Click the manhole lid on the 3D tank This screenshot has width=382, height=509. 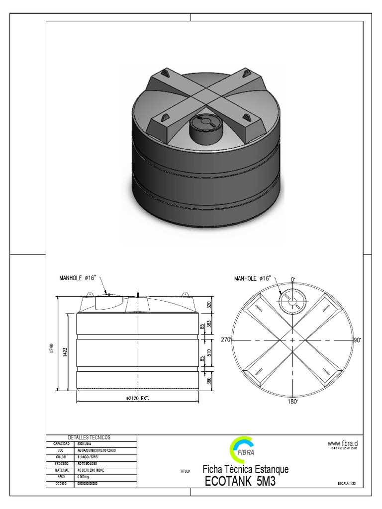click(x=204, y=122)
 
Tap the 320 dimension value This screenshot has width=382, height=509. click(x=209, y=304)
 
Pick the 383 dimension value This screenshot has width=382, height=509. click(x=209, y=324)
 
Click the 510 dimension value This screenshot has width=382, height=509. click(x=209, y=353)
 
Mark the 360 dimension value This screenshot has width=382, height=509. click(x=209, y=381)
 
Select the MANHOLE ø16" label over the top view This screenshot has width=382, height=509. click(x=253, y=278)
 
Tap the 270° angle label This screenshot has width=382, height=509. click(x=226, y=339)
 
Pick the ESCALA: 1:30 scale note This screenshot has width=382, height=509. click(x=347, y=483)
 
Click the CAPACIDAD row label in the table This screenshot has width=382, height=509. click(x=60, y=443)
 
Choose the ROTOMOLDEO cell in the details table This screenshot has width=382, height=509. click(x=88, y=463)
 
